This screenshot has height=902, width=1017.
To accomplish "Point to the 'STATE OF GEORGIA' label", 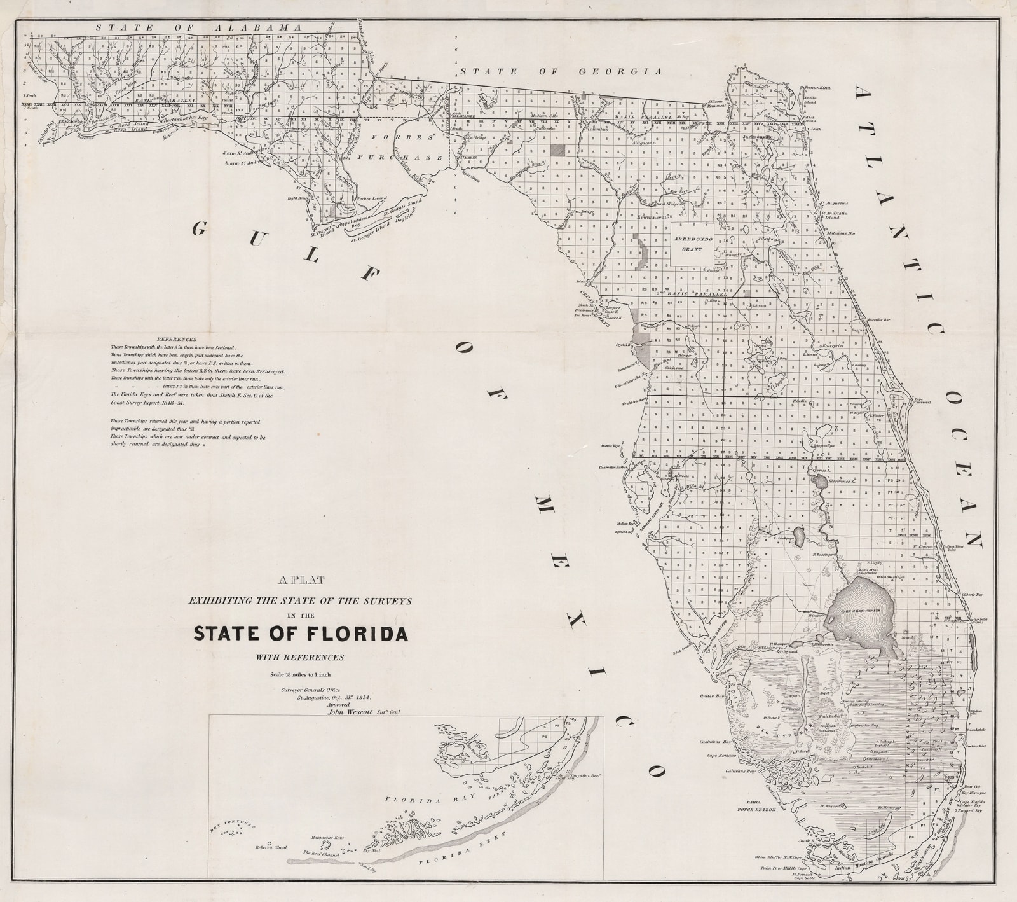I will [561, 72].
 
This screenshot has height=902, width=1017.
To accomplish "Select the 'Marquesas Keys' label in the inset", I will [327, 838].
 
